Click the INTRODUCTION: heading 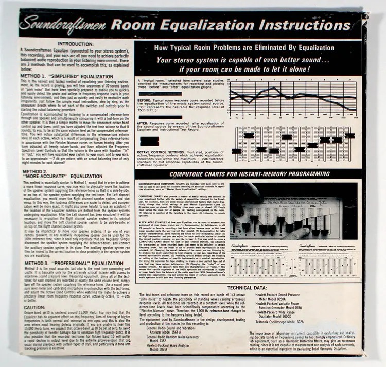pyautogui.click(x=76, y=44)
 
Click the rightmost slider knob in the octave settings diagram pyautogui.click(x=350, y=136)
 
